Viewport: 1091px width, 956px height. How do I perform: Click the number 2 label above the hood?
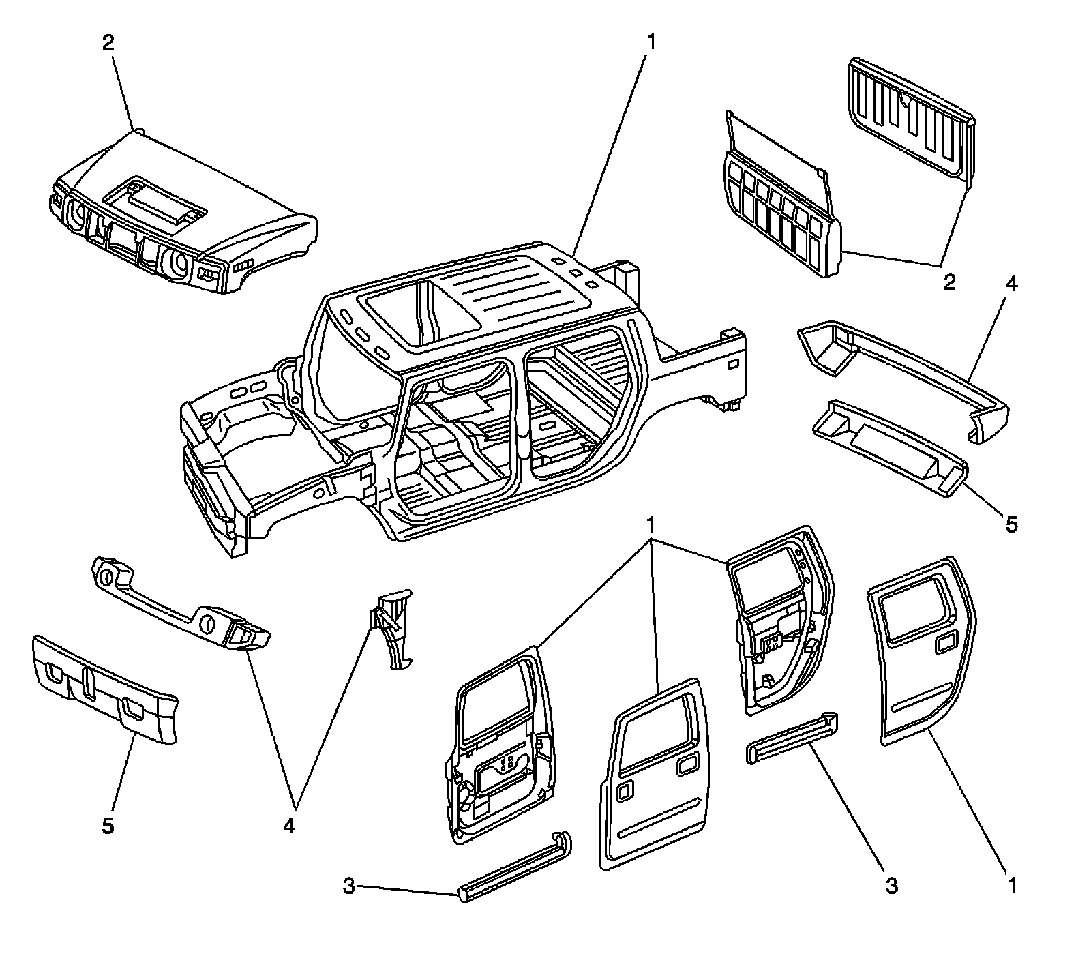click(x=108, y=42)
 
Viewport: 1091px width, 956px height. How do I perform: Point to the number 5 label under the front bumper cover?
click(x=108, y=826)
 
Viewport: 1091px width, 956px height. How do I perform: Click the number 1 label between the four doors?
click(x=651, y=524)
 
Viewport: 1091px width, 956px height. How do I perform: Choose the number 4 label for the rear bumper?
click(x=1011, y=284)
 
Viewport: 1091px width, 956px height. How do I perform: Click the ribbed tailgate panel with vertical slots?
click(x=910, y=116)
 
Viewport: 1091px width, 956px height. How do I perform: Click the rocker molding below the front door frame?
click(x=515, y=866)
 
